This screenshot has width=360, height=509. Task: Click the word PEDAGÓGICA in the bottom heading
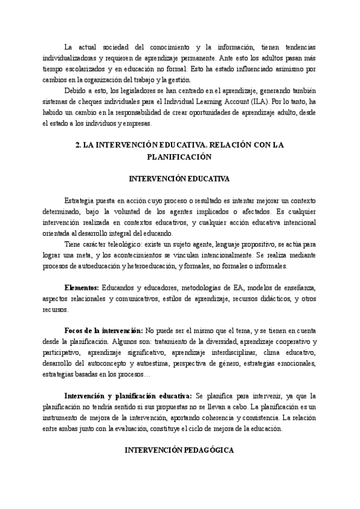pyautogui.click(x=205, y=450)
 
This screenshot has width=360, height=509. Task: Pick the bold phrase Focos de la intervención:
pyautogui.click(x=103, y=331)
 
